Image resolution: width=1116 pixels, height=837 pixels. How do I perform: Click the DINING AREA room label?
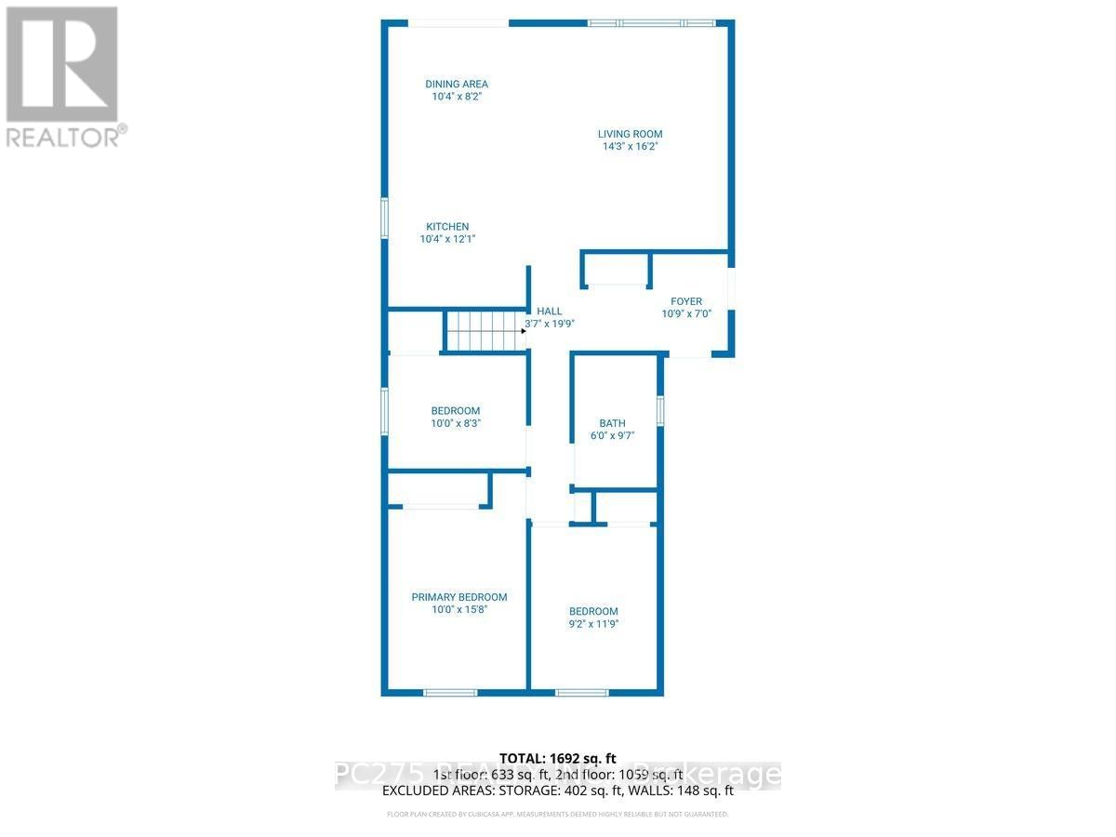[456, 84]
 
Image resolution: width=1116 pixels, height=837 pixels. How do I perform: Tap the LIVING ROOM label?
[630, 134]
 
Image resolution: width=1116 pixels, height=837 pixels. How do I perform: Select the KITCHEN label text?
[447, 227]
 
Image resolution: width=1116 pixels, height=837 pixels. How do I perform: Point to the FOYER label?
[686, 301]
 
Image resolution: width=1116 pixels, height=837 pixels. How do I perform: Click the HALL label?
[549, 312]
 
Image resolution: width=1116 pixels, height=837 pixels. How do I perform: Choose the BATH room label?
[612, 423]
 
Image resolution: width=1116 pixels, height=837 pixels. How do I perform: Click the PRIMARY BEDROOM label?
[459, 597]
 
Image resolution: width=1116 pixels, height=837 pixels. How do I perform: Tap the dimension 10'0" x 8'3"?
[456, 423]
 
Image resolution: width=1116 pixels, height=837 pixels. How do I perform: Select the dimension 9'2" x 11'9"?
[593, 624]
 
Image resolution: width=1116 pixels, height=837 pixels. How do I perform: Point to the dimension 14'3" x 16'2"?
[630, 146]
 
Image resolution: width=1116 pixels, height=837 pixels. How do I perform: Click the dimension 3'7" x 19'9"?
[550, 325]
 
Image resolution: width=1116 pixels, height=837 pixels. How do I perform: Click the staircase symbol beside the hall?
[482, 330]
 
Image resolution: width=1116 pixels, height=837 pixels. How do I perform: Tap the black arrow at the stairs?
[524, 330]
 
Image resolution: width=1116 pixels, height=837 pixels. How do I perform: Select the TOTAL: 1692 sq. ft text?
[558, 759]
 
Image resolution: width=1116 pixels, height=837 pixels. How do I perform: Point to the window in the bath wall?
[660, 411]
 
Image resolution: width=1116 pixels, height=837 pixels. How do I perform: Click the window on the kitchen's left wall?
[384, 219]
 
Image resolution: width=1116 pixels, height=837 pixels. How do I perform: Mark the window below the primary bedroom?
[450, 692]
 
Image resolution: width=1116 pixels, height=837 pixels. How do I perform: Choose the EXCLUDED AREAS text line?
[558, 791]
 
